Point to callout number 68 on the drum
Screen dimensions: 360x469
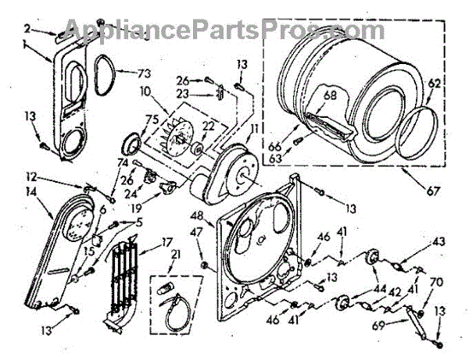pyautogui.click(x=331, y=97)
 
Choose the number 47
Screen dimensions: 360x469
pyautogui.click(x=198, y=231)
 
